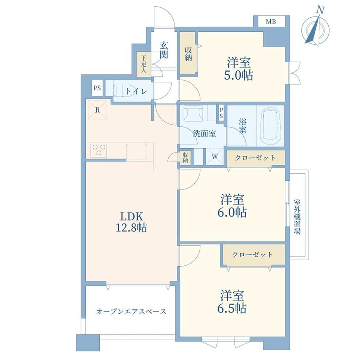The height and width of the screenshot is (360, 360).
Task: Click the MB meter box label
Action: (x=271, y=22)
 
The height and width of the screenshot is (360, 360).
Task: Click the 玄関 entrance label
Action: (x=164, y=50)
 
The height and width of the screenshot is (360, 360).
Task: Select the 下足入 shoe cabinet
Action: (x=144, y=65)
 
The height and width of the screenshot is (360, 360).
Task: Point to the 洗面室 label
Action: (x=204, y=133)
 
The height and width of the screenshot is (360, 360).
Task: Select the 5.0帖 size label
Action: (x=238, y=75)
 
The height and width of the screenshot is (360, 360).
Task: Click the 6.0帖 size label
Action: (x=232, y=212)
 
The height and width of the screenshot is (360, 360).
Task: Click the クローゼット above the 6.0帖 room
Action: (x=255, y=158)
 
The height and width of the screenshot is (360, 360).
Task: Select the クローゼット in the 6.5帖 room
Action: (x=252, y=255)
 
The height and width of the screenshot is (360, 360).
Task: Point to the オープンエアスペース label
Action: (x=131, y=311)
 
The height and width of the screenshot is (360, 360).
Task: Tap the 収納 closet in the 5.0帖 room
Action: (x=189, y=54)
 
